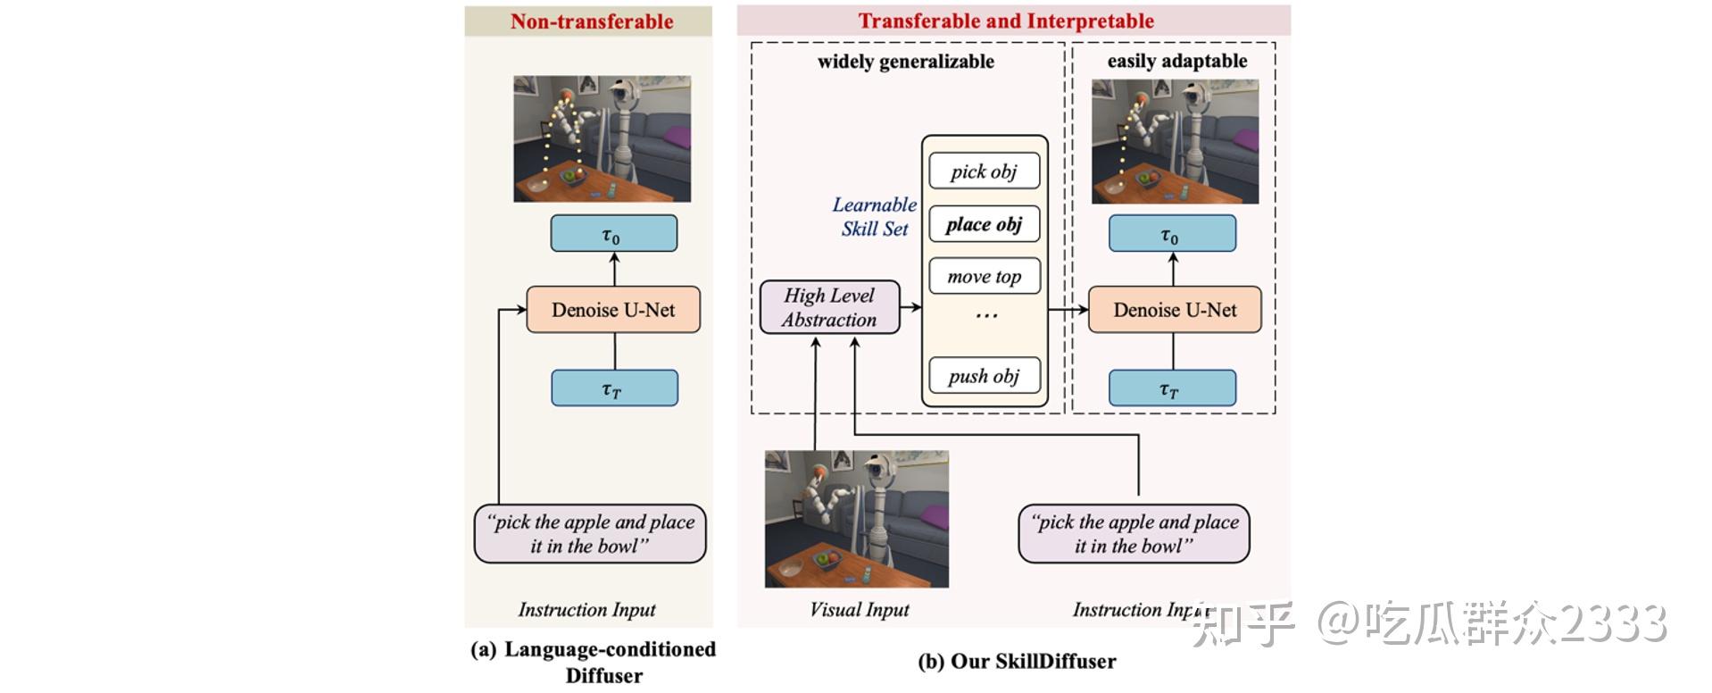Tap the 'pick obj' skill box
(x=984, y=171)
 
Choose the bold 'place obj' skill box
(x=984, y=224)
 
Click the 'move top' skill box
(x=984, y=277)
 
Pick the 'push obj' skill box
(x=984, y=376)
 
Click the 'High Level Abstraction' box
(x=829, y=308)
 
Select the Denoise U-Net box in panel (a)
(x=613, y=310)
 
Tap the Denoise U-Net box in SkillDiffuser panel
(x=1175, y=310)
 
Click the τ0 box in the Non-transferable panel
(x=613, y=234)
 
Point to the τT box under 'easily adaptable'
(x=1172, y=388)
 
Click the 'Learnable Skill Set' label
(x=874, y=217)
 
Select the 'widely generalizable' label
(x=905, y=62)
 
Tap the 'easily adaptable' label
(x=1176, y=62)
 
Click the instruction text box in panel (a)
(x=590, y=534)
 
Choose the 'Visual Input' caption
(x=859, y=610)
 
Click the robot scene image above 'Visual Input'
(x=857, y=519)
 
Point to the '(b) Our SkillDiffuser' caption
(x=1017, y=662)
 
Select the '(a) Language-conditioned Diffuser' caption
(x=594, y=662)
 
